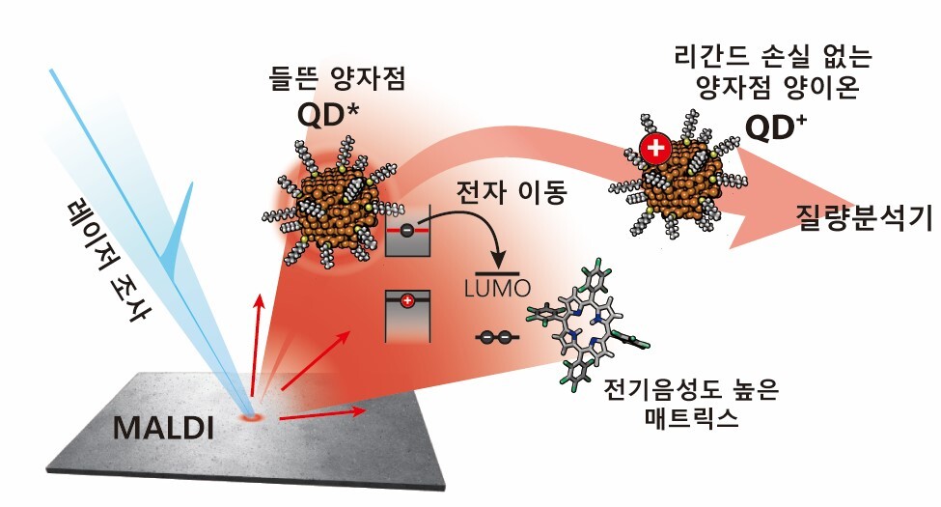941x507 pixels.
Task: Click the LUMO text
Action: [x=499, y=287]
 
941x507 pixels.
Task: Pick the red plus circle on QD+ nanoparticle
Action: [x=655, y=150]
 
